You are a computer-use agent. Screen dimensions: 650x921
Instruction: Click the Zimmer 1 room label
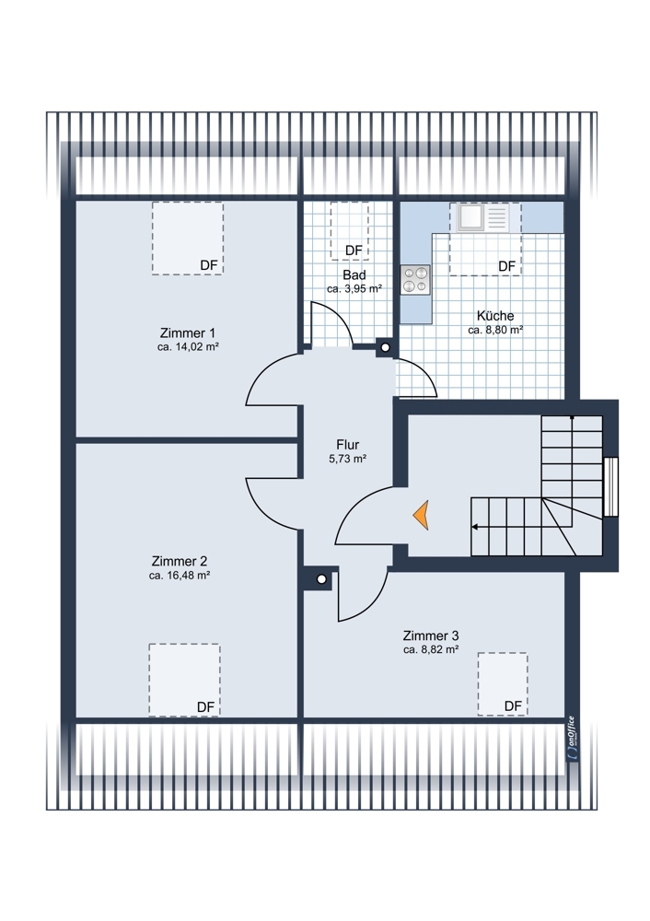[183, 333]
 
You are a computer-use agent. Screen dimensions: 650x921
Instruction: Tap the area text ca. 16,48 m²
[180, 576]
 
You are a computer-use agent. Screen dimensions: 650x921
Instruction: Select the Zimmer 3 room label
[431, 635]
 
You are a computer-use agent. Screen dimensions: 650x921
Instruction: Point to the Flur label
[348, 445]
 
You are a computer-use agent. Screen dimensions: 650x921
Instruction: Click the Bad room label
[354, 274]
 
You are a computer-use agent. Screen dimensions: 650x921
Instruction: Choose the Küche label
[495, 315]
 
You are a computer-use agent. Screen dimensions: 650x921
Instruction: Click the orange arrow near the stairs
[421, 515]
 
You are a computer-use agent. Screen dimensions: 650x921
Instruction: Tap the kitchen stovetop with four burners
[415, 280]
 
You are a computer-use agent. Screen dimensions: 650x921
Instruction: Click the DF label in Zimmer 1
[209, 265]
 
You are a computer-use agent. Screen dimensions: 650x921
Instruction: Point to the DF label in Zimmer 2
[205, 707]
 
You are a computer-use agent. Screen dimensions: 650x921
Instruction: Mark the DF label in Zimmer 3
[513, 706]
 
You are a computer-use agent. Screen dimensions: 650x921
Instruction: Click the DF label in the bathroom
[354, 251]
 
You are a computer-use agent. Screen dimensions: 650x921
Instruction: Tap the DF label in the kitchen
[506, 266]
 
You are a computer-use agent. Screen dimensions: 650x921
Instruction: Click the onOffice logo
[572, 739]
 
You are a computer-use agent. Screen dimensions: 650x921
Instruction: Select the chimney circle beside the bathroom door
[385, 348]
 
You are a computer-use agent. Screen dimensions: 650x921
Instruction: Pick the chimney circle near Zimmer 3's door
[321, 578]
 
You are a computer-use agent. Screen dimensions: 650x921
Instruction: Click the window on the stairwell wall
[610, 486]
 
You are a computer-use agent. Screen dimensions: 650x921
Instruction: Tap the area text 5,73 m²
[348, 459]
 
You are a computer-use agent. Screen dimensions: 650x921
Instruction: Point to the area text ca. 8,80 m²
[495, 330]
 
